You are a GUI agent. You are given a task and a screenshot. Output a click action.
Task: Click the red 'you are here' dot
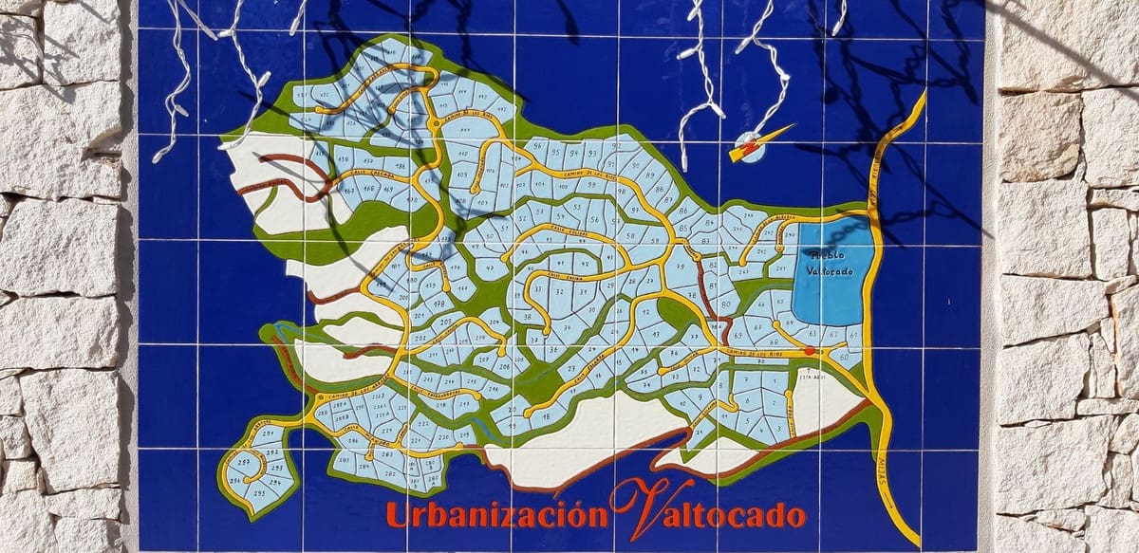pyautogui.click(x=809, y=351)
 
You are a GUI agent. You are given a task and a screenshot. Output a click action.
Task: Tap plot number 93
pyautogui.click(x=591, y=154)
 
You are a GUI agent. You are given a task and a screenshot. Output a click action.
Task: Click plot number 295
pyautogui.click(x=277, y=469)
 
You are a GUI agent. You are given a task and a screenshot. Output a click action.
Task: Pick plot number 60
pyautogui.click(x=844, y=357)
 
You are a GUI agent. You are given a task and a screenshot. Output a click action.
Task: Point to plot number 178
pyautogui.click(x=439, y=304)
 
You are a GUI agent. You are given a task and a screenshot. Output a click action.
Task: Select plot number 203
pyautogui.click(x=446, y=323)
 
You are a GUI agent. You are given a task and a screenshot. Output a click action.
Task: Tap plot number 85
pyautogui.click(x=682, y=211)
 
